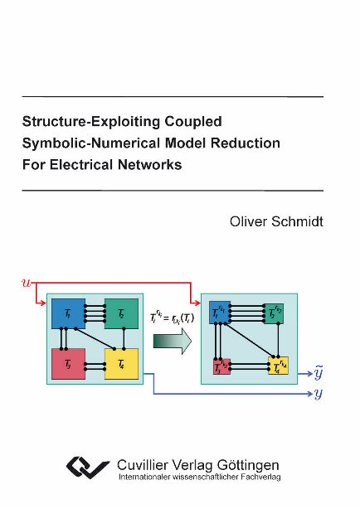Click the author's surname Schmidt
pos(292,221)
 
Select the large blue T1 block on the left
pos(67,314)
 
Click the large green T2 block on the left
pos(121,314)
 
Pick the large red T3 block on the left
pos(67,362)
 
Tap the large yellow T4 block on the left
pos(121,363)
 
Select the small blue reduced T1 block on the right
pos(219,313)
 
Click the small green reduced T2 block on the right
pos(275,313)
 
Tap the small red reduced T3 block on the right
pos(220,366)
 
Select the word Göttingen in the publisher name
pos(249,465)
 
